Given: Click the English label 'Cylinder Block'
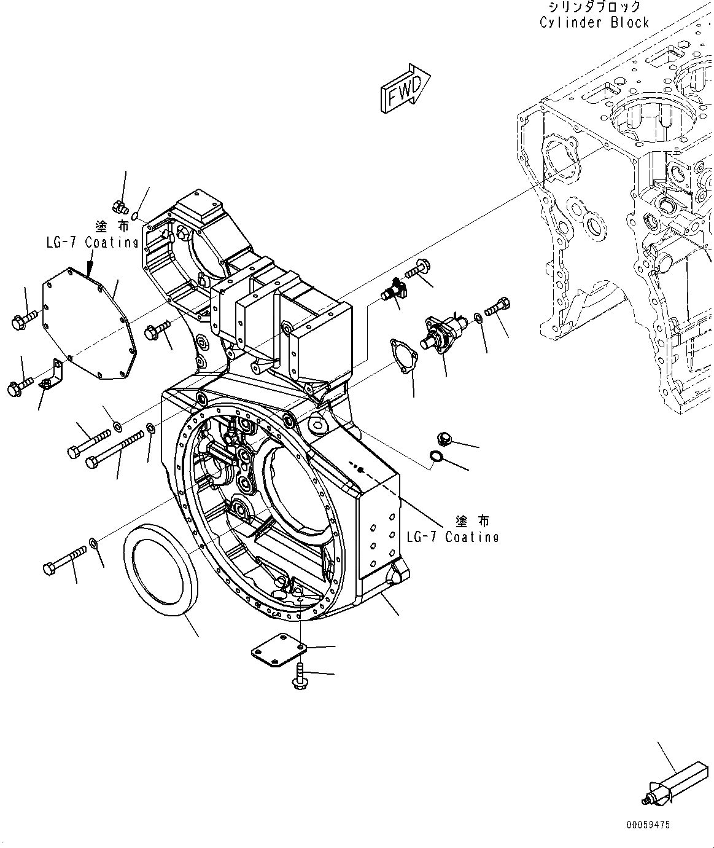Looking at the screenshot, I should (594, 23).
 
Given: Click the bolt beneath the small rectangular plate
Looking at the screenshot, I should (299, 676).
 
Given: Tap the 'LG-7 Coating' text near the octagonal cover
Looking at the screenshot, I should (92, 242).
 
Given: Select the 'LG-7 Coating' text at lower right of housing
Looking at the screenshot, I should (452, 536).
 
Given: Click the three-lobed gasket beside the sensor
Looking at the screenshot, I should (404, 356).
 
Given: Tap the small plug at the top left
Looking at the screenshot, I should (119, 208).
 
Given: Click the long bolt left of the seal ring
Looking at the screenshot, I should (66, 560).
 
